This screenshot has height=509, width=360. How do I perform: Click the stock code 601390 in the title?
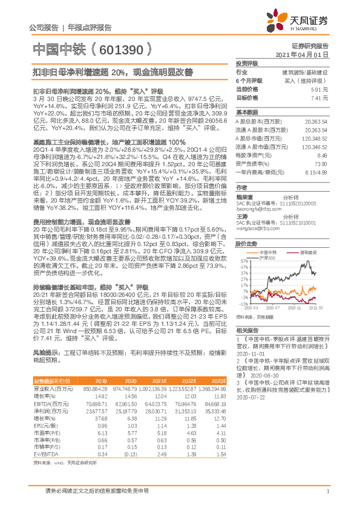tap(120, 48)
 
